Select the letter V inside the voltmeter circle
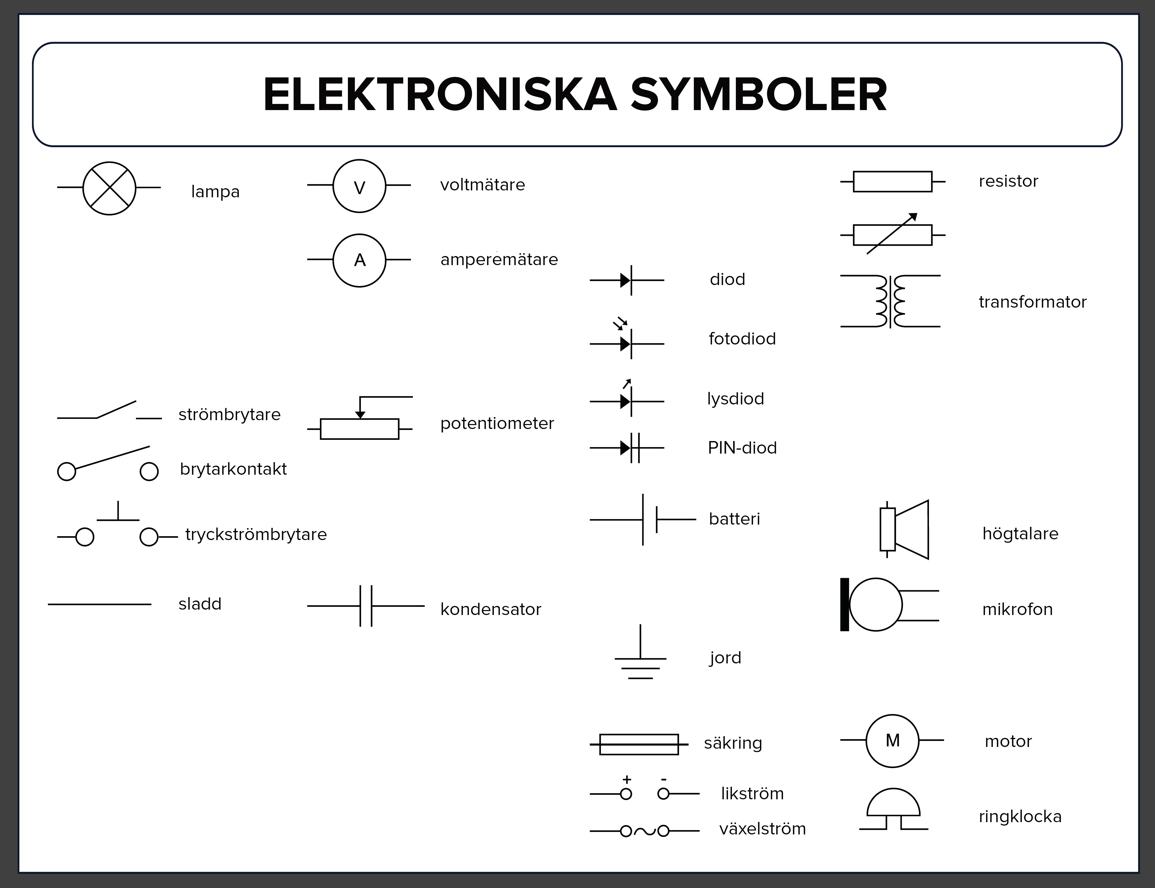click(359, 188)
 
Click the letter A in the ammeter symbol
click(359, 260)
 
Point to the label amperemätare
click(499, 259)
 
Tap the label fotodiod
click(742, 339)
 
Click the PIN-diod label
click(742, 448)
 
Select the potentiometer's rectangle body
click(359, 429)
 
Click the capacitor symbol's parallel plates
click(366, 606)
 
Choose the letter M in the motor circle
click(892, 741)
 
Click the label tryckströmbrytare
click(256, 534)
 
